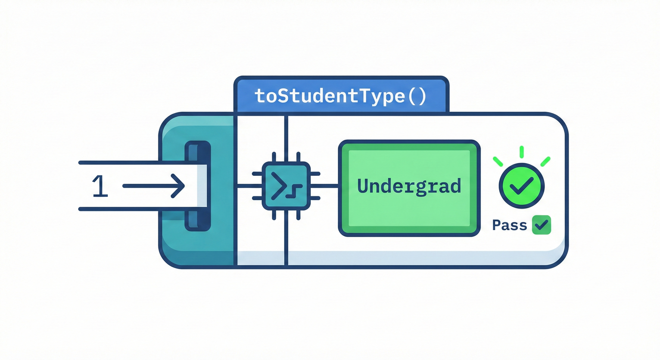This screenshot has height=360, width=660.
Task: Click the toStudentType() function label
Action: (340, 96)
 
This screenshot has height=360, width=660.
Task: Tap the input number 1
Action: (100, 186)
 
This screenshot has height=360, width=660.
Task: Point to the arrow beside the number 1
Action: (153, 186)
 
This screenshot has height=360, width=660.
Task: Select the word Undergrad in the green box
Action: (409, 187)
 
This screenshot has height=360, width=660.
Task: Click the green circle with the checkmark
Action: (522, 186)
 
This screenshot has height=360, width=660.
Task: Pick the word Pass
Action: (510, 225)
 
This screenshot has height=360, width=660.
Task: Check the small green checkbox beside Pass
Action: (541, 225)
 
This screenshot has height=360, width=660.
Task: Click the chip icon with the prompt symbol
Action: (286, 186)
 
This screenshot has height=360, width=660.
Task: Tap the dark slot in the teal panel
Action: (198, 186)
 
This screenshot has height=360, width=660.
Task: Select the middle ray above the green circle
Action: (522, 152)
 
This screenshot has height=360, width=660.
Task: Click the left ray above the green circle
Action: (498, 161)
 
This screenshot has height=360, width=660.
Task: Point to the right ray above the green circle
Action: (545, 161)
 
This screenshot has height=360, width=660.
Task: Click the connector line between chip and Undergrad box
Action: (329, 186)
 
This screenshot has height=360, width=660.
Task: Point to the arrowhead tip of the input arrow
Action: (184, 186)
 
